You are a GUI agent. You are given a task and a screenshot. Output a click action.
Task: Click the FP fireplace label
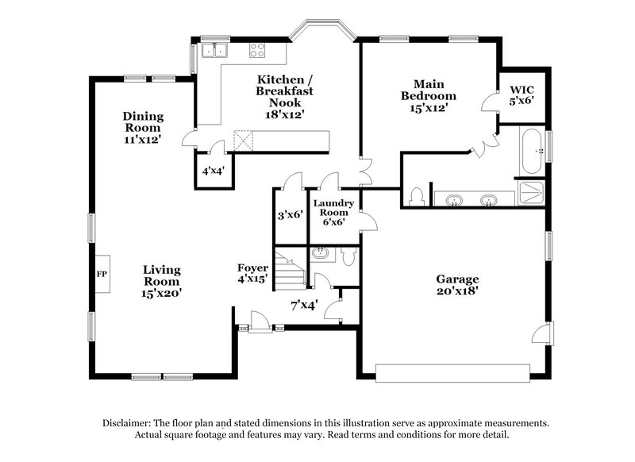101,272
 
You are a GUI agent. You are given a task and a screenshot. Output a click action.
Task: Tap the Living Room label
162,281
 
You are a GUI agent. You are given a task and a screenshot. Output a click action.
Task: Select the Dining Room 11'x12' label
142,127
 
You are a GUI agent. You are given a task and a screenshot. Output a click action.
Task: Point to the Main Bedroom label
428,95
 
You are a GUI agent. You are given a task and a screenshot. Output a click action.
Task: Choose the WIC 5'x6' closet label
521,95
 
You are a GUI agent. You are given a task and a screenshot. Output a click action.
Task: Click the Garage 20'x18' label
457,285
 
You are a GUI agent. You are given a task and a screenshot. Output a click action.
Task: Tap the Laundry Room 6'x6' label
332,212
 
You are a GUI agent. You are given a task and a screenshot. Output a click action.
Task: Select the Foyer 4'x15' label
252,273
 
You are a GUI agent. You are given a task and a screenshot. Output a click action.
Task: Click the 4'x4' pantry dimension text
212,171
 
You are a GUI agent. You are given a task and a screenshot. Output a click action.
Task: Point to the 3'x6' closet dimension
291,214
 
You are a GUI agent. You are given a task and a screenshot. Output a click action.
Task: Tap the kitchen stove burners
258,50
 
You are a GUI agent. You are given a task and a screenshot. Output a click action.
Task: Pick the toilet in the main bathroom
417,195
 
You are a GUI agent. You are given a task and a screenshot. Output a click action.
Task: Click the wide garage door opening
452,372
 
